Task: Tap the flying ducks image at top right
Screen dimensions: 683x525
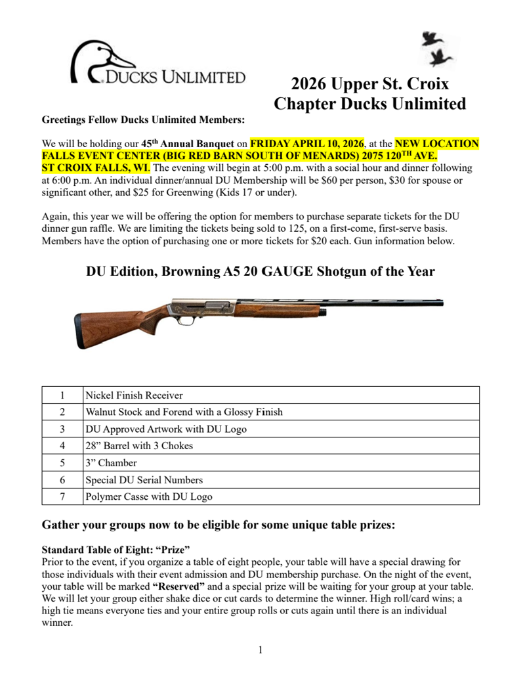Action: point(435,49)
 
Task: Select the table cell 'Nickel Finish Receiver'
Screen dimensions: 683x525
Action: point(134,395)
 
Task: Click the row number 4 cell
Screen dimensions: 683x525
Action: point(62,446)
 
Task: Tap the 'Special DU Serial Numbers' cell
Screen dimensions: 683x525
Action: point(144,480)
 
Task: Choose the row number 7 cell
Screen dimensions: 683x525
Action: point(62,497)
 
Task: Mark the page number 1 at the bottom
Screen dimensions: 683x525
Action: point(261,650)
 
